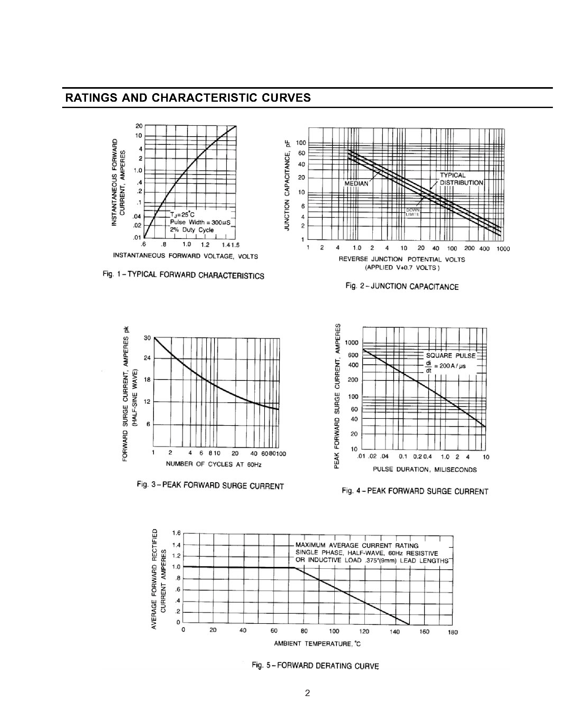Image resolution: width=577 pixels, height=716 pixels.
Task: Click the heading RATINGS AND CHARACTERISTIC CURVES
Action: pyautogui.click(x=188, y=98)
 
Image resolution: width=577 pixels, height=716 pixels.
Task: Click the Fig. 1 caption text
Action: pyautogui.click(x=183, y=275)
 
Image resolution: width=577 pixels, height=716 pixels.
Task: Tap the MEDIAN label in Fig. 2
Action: pyautogui.click(x=356, y=184)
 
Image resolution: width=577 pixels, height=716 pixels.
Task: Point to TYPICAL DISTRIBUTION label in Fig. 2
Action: pyautogui.click(x=461, y=179)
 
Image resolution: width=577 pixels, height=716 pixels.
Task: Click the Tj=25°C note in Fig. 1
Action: pyautogui.click(x=182, y=214)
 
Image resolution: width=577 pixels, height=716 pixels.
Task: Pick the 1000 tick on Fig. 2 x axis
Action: pyautogui.click(x=503, y=249)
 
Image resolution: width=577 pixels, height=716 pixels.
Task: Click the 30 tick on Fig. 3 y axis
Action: pyautogui.click(x=147, y=338)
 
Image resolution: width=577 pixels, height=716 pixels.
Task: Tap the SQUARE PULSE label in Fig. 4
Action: pyautogui.click(x=451, y=355)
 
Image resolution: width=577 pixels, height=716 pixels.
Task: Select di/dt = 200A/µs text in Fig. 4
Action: pyautogui.click(x=446, y=366)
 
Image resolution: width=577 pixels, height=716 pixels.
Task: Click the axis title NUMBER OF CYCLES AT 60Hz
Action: pyautogui.click(x=213, y=464)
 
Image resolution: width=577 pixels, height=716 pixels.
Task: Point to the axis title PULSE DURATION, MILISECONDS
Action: pyautogui.click(x=424, y=470)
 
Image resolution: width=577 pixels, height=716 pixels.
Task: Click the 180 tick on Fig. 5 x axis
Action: pyautogui.click(x=453, y=632)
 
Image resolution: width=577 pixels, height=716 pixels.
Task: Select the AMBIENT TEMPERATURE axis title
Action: pyautogui.click(x=317, y=643)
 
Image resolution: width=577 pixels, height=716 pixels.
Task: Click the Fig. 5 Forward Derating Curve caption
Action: pyautogui.click(x=315, y=666)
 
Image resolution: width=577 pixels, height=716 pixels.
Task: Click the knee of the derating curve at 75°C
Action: pyautogui.click(x=295, y=567)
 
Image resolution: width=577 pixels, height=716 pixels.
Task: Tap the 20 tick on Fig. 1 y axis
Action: pyautogui.click(x=139, y=126)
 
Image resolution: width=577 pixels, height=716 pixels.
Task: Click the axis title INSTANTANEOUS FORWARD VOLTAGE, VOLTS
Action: pyautogui.click(x=185, y=256)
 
